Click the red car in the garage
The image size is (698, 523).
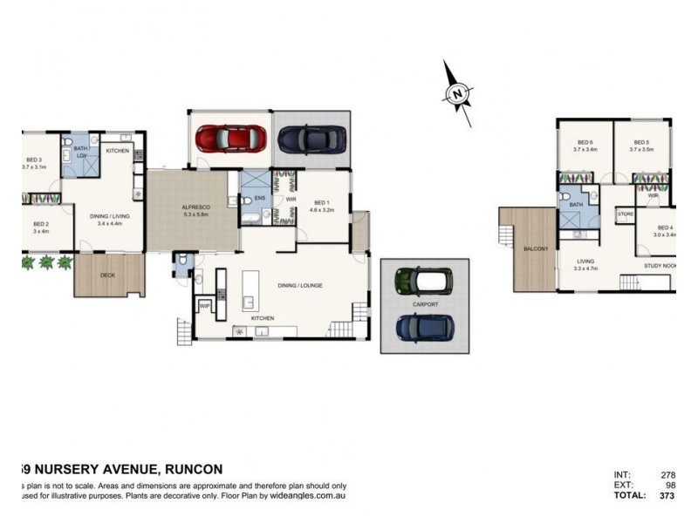pos(230,139)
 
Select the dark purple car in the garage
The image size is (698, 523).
pos(311,139)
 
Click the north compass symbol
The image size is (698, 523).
pos(457,92)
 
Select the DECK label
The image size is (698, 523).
pos(107,275)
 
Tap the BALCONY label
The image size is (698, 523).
pos(536,249)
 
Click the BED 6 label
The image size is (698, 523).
pos(585,143)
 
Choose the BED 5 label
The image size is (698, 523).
pos(641,143)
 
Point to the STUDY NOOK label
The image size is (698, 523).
pos(660,265)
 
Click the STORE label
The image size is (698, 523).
pos(625,214)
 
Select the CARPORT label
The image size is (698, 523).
pos(425,304)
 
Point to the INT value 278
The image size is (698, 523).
pos(670,475)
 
